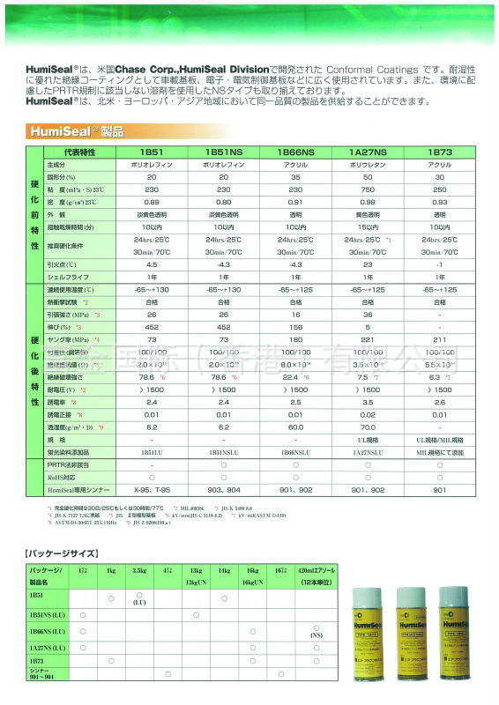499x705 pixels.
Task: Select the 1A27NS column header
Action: point(369,152)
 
